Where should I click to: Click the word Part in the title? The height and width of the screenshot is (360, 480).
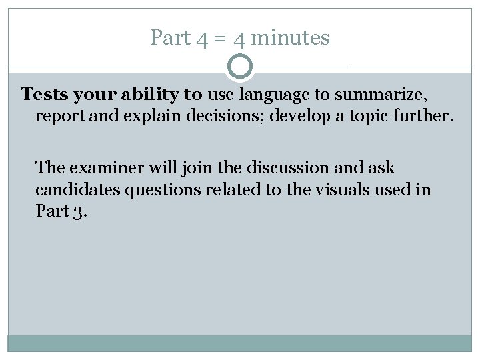[171, 38]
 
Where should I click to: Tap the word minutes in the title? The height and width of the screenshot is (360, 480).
[291, 38]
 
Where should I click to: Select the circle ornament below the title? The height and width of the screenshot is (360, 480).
[240, 67]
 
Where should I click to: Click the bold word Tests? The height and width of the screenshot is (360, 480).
[45, 94]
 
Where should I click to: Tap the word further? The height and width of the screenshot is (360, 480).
[425, 117]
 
